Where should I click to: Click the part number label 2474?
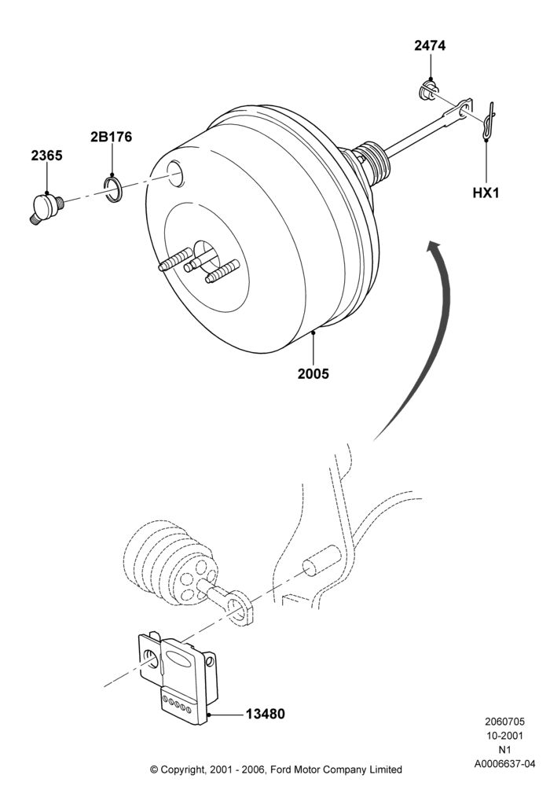point(430,46)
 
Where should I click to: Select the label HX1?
point(486,193)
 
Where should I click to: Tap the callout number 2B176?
point(112,137)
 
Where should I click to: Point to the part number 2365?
point(46,156)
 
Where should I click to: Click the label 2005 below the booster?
point(313,373)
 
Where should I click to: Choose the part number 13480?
point(265,714)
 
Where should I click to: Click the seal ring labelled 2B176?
point(112,189)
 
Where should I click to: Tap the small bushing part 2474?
point(427,90)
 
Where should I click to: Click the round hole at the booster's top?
point(175,174)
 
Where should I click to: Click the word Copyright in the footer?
point(181,769)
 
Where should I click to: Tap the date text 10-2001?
point(505,736)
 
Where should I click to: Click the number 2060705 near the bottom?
point(505,722)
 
